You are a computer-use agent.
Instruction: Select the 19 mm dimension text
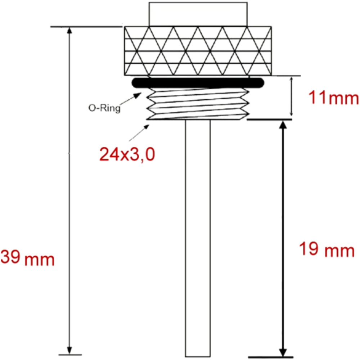(x=327, y=249)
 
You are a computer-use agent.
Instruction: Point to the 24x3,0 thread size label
(x=127, y=154)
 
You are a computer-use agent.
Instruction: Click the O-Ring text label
(x=104, y=108)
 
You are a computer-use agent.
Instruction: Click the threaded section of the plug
(x=198, y=104)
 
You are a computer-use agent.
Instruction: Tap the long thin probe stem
(x=198, y=238)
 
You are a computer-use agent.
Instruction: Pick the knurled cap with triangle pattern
(x=198, y=51)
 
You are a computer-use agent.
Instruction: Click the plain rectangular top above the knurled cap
(x=198, y=14)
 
